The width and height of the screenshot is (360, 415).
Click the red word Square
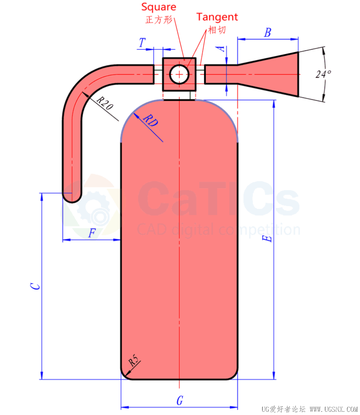click(x=159, y=7)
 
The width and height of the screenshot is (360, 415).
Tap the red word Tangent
click(x=217, y=17)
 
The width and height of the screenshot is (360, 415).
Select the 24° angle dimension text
click(x=323, y=74)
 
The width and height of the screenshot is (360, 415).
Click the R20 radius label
click(x=105, y=103)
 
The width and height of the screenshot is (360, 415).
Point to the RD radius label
click(x=150, y=120)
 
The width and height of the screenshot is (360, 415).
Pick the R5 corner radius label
click(x=133, y=361)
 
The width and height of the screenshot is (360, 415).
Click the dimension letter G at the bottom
click(x=180, y=400)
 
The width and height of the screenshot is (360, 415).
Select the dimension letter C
click(x=35, y=286)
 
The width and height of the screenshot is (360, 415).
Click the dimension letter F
click(x=92, y=233)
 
